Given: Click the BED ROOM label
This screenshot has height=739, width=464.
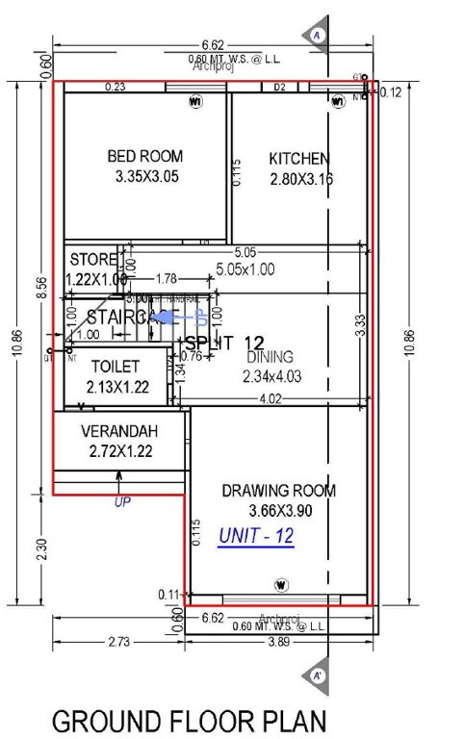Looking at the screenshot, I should click(x=146, y=157).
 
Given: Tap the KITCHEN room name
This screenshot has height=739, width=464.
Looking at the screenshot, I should click(x=298, y=159).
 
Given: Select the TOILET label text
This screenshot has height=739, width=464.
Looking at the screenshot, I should click(x=116, y=367).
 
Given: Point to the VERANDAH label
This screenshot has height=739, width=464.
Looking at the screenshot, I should click(x=119, y=432).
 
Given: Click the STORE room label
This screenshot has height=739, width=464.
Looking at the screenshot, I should click(x=93, y=260).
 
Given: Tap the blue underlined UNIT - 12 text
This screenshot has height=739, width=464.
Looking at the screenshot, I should click(x=256, y=536).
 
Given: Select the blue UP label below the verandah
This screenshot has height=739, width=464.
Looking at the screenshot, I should click(x=122, y=501).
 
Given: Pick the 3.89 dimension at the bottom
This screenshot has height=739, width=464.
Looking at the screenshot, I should click(x=279, y=640).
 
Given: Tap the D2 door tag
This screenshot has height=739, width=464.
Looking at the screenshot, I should click(x=280, y=88).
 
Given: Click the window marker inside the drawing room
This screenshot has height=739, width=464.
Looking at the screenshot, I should click(x=281, y=584).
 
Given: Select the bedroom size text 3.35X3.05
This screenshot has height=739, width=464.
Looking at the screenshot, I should click(x=146, y=177).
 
